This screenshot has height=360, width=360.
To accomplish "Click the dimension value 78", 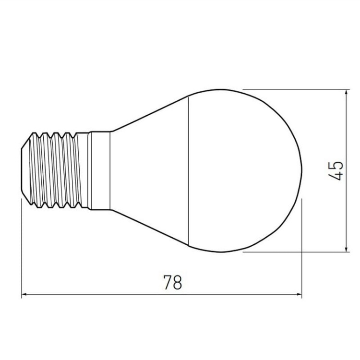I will pyautogui.click(x=173, y=283).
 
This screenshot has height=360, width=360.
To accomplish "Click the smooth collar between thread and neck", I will pyautogui.click(x=100, y=170).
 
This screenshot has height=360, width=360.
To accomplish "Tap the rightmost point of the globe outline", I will pyautogui.click(x=302, y=170).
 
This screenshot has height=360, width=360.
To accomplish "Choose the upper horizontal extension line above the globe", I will pyautogui.click(x=293, y=89).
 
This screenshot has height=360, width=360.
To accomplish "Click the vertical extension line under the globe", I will pyautogui.click(x=302, y=250).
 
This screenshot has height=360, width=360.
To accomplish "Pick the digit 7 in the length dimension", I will pyautogui.click(x=168, y=283).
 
